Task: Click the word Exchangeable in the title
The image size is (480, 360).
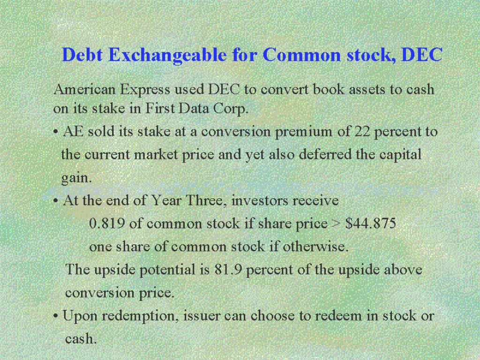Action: [167, 55]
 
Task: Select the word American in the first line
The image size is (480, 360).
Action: [84, 90]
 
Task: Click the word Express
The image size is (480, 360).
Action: [145, 90]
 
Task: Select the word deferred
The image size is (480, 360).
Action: [325, 154]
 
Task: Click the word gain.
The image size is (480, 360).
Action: [76, 178]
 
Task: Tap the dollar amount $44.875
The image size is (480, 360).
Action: [371, 224]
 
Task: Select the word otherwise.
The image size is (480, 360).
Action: [315, 247]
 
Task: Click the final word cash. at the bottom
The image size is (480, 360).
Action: [81, 339]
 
